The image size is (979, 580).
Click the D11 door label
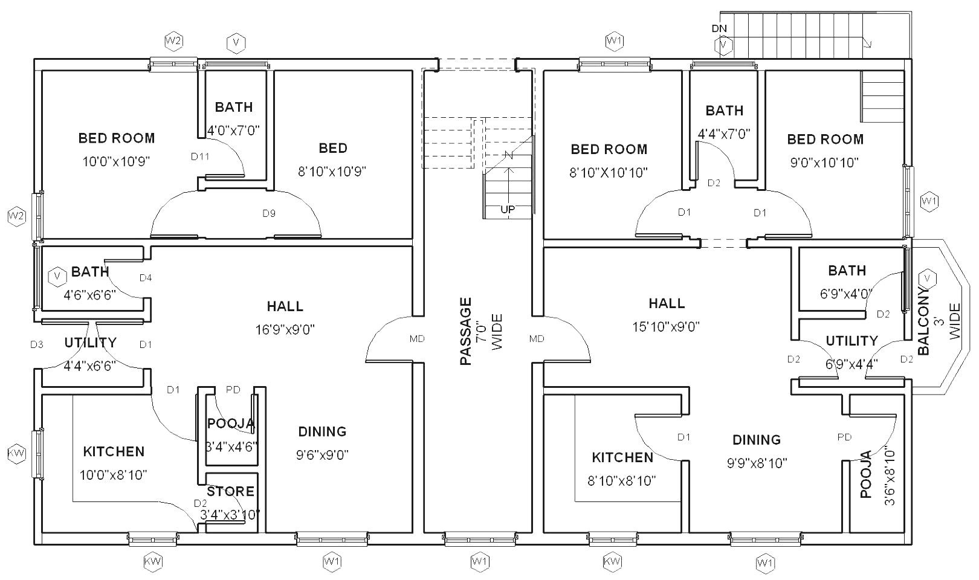(200, 156)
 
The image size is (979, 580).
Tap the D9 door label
(269, 213)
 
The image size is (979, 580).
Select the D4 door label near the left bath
(146, 278)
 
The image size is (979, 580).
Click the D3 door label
(37, 344)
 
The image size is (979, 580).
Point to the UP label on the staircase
(508, 210)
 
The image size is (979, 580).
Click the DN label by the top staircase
(719, 28)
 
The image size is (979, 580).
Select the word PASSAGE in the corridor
(465, 331)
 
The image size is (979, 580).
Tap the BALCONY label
(923, 321)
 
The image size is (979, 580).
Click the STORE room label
(230, 491)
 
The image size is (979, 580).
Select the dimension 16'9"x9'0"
(285, 329)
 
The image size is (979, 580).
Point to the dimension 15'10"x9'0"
(666, 327)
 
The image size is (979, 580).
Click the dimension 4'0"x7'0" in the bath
(233, 130)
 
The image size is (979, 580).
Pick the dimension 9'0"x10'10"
(824, 163)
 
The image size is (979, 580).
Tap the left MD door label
(417, 339)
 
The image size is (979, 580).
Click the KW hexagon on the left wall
(17, 453)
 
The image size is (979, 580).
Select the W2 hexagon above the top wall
(173, 41)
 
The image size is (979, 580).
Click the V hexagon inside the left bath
(57, 277)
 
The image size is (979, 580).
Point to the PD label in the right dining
(844, 437)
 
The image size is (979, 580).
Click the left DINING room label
(322, 431)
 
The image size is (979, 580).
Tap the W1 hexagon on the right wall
(928, 201)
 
